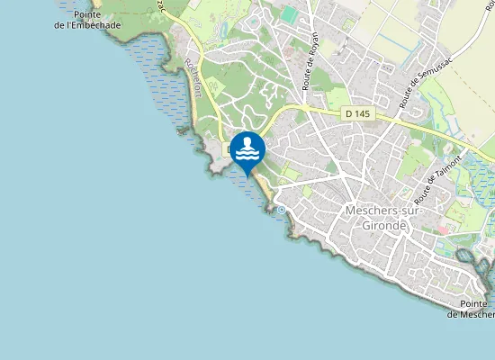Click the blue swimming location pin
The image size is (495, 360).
coord(247,151)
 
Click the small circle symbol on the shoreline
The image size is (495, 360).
coord(281,210)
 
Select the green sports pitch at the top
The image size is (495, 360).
coord(287,14)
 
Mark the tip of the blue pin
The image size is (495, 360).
coord(247,176)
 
